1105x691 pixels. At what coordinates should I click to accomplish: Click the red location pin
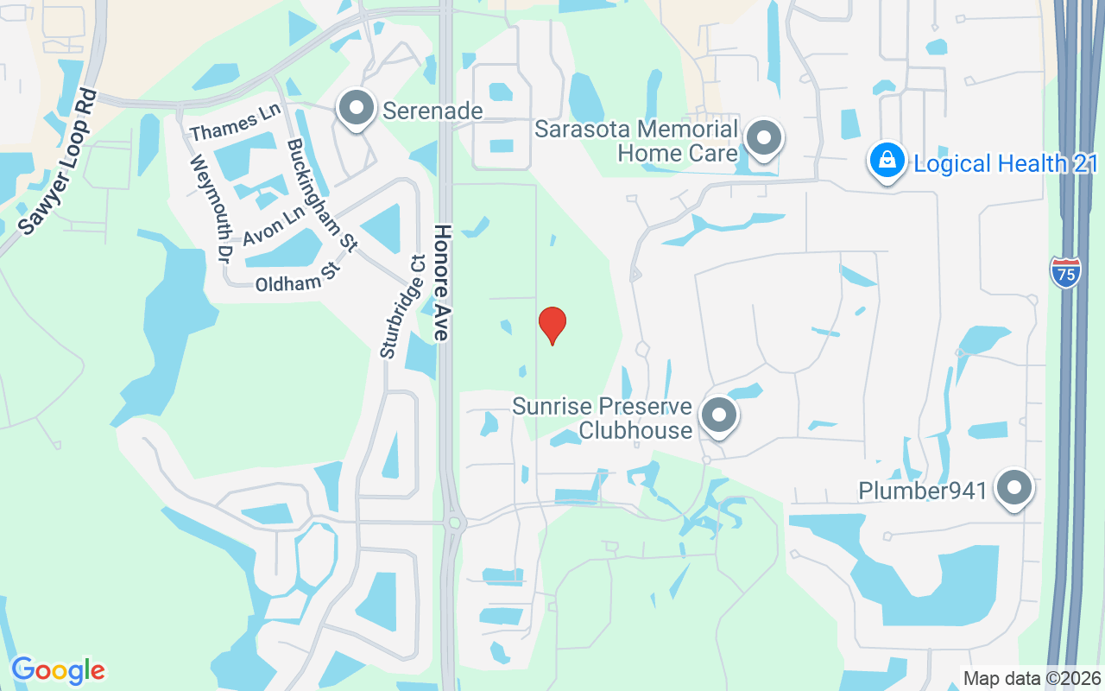pyautogui.click(x=552, y=325)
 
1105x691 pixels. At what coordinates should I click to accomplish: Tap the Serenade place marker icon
pyautogui.click(x=356, y=108)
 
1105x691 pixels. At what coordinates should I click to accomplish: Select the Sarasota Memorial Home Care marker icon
pyautogui.click(x=763, y=138)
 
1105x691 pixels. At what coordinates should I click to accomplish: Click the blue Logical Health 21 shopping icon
pyautogui.click(x=887, y=160)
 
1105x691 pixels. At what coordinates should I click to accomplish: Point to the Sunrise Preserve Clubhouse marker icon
pyautogui.click(x=718, y=415)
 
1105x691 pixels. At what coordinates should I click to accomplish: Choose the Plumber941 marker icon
pyautogui.click(x=1014, y=489)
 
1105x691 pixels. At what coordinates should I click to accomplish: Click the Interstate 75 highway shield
pyautogui.click(x=1066, y=272)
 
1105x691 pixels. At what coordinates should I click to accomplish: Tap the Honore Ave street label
pyautogui.click(x=443, y=282)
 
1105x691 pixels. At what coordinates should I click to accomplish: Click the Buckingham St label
pyautogui.click(x=321, y=194)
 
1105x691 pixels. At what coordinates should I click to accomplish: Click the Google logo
pyautogui.click(x=58, y=670)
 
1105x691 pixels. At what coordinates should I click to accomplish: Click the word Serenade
pyautogui.click(x=433, y=111)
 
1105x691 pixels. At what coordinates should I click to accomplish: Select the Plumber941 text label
pyautogui.click(x=922, y=491)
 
